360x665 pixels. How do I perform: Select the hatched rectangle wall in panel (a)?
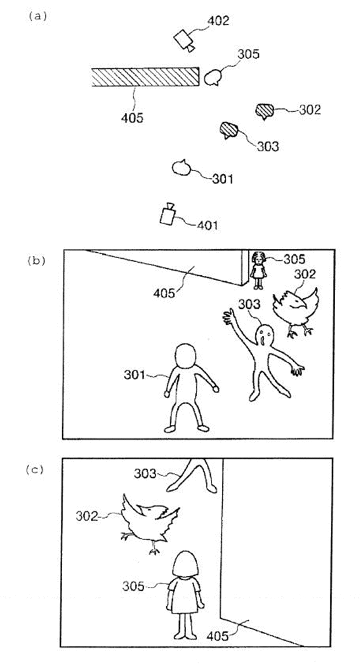point(145,77)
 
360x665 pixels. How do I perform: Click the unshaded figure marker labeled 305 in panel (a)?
point(212,78)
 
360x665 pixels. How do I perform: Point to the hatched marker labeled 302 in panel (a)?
point(264,111)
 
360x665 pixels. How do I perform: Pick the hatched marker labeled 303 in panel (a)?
point(229,130)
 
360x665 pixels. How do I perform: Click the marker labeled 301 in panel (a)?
point(181,168)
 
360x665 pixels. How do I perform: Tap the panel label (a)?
point(37,16)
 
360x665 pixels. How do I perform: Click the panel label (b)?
point(36,260)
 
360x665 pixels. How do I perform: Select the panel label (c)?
point(35,470)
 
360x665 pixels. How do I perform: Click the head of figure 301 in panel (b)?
point(185,356)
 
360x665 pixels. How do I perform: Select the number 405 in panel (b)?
point(164,293)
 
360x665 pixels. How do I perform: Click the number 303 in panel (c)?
point(145,473)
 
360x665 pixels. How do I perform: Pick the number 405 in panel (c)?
point(217,636)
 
